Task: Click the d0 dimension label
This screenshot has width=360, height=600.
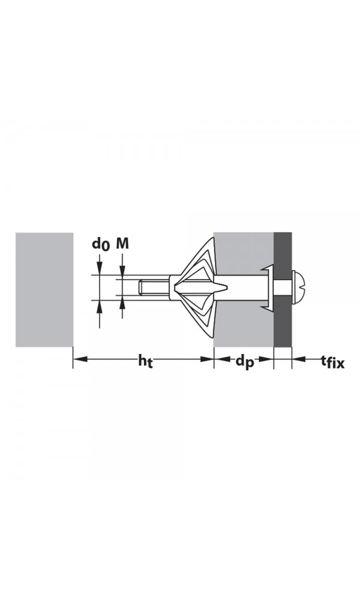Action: pyautogui.click(x=99, y=245)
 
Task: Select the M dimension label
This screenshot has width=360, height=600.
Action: pyautogui.click(x=122, y=243)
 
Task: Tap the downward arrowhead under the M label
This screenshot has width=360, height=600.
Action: pyautogui.click(x=122, y=273)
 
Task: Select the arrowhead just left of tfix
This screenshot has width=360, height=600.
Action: pyautogui.click(x=296, y=359)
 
